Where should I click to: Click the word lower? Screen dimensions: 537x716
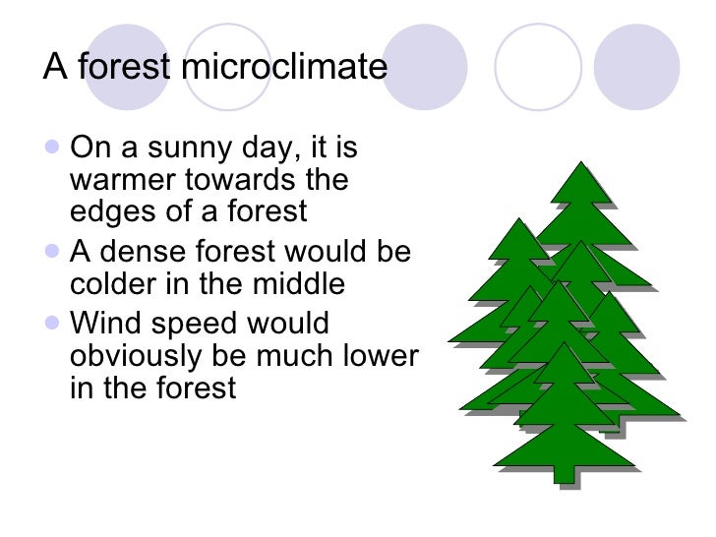(381, 356)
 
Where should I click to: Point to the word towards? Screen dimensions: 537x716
(240, 182)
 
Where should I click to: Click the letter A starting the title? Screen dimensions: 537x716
(53, 68)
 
